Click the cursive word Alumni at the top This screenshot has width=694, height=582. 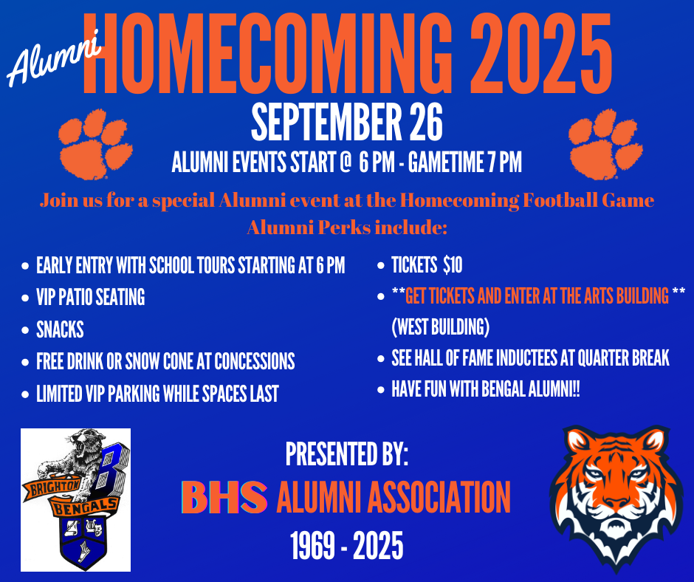point(54,58)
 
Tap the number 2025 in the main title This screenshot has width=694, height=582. point(540,54)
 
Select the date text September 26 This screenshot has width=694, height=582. point(347,123)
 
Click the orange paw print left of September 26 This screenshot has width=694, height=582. point(95,145)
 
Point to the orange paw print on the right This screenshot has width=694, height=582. point(605,145)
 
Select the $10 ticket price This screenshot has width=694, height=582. point(453,265)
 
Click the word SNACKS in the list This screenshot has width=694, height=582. point(60,330)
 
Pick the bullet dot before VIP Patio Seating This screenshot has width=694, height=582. point(25,298)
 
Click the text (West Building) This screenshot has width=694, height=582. point(440,327)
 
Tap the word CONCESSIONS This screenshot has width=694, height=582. point(255,361)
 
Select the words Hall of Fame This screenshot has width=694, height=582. point(455,358)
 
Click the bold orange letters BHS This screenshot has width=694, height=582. point(224,497)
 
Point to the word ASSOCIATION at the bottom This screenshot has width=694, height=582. point(439,497)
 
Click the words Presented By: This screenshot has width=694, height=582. point(346,454)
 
